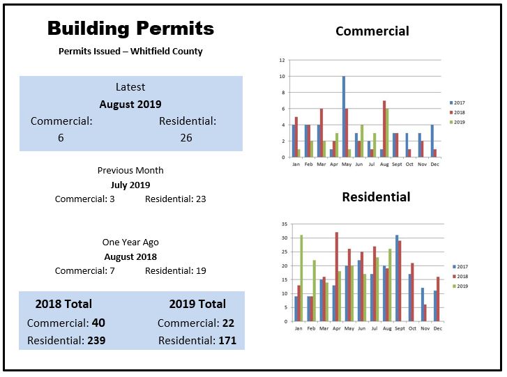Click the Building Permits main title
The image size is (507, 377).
130,29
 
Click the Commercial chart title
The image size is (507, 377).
372,31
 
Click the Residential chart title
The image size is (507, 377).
376,197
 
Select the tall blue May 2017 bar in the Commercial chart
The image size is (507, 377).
344,116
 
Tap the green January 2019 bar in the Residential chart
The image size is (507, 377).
301,278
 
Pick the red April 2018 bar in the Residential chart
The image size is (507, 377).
336,277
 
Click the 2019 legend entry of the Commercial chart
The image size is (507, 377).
458,121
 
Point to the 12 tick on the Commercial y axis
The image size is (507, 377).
282,60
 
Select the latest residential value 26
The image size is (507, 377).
186,138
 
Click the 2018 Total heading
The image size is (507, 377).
63,304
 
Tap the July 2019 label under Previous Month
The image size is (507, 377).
130,185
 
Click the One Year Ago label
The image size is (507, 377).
130,243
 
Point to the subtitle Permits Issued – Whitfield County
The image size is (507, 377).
130,52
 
